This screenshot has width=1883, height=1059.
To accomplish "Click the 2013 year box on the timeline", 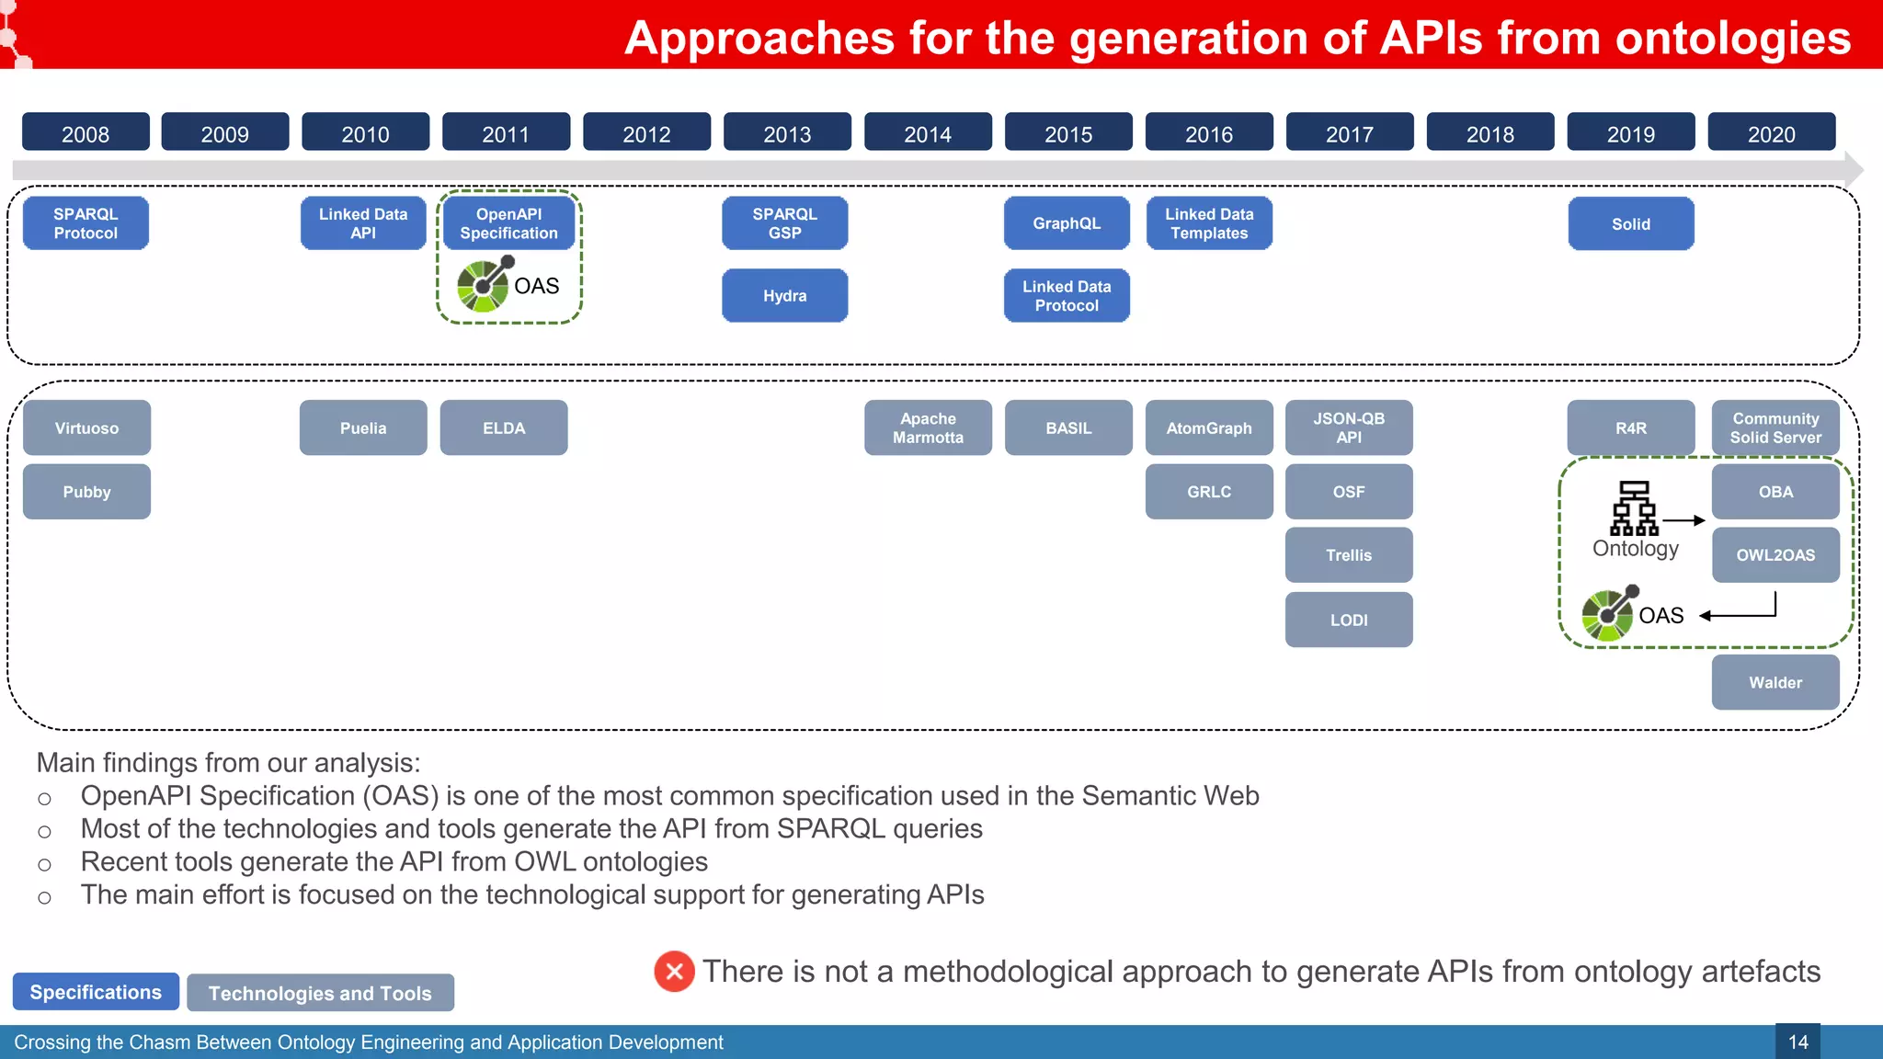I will pyautogui.click(x=787, y=133).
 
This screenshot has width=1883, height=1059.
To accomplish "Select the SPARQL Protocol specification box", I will pyautogui.click(x=86, y=223).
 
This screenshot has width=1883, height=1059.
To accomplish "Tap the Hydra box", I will pyautogui.click(x=784, y=296).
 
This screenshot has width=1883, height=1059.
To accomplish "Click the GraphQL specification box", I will pyautogui.click(x=1067, y=223).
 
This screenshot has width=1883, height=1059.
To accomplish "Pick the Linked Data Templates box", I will pyautogui.click(x=1209, y=223).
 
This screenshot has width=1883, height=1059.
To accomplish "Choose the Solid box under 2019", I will pyautogui.click(x=1630, y=224).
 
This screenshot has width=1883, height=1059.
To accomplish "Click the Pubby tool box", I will pyautogui.click(x=86, y=492).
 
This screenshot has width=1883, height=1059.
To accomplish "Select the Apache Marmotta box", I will pyautogui.click(x=928, y=428).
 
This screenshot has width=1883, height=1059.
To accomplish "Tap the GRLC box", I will pyautogui.click(x=1208, y=492).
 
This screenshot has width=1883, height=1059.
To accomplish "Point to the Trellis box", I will pyautogui.click(x=1349, y=555).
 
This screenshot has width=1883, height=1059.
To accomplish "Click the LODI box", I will pyautogui.click(x=1349, y=621).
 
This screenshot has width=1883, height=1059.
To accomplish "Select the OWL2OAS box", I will pyautogui.click(x=1775, y=555).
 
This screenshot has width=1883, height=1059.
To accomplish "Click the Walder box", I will pyautogui.click(x=1775, y=683).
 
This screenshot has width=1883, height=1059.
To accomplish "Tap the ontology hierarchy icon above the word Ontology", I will pyautogui.click(x=1634, y=507).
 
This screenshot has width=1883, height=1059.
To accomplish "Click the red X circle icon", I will pyautogui.click(x=674, y=972).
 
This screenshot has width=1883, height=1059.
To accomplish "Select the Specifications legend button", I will pyautogui.click(x=96, y=993).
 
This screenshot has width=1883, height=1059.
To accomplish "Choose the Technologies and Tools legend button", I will pyautogui.click(x=320, y=994).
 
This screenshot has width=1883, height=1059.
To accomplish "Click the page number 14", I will pyautogui.click(x=1797, y=1042).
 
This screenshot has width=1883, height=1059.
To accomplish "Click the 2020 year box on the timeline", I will pyautogui.click(x=1771, y=133).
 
